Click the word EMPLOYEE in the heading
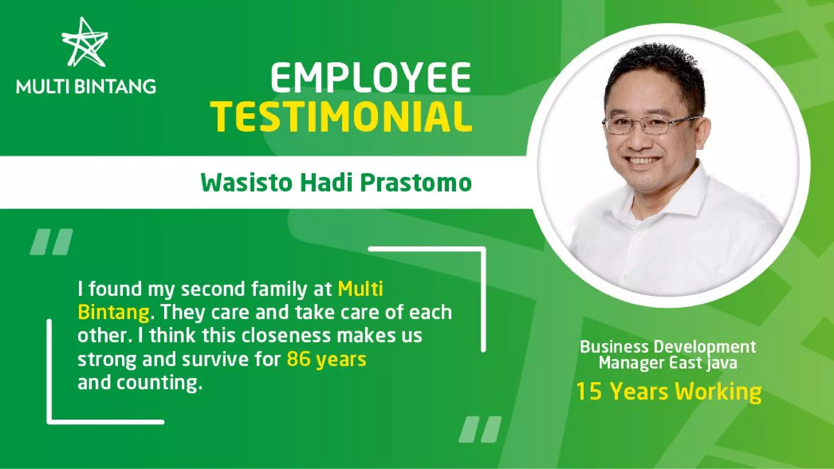pyautogui.click(x=371, y=77)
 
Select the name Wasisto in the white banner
pyautogui.click(x=247, y=183)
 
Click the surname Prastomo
pyautogui.click(x=416, y=183)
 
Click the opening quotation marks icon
pyautogui.click(x=51, y=242)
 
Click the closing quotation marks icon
pyautogui.click(x=480, y=429)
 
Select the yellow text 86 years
pyautogui.click(x=326, y=359)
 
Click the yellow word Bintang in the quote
pyautogui.click(x=113, y=312)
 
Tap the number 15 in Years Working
pyautogui.click(x=589, y=391)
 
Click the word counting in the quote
pyautogui.click(x=157, y=383)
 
